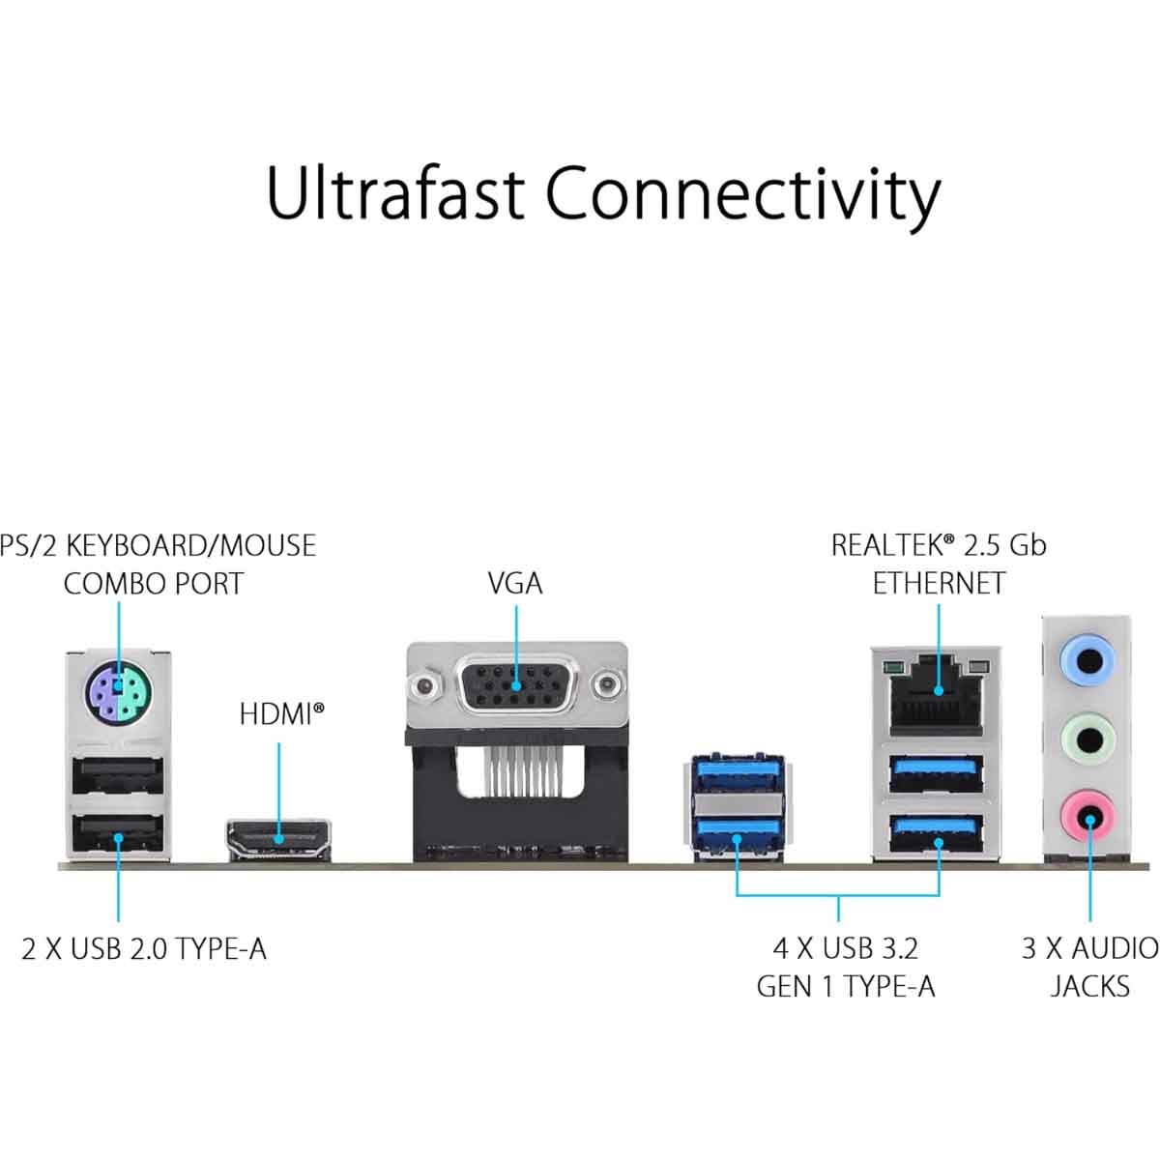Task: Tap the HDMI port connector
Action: (x=279, y=837)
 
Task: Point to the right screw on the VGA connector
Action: (x=607, y=687)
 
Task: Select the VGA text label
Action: (x=515, y=584)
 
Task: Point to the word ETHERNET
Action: (x=939, y=584)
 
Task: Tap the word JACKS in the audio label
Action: (x=1089, y=987)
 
